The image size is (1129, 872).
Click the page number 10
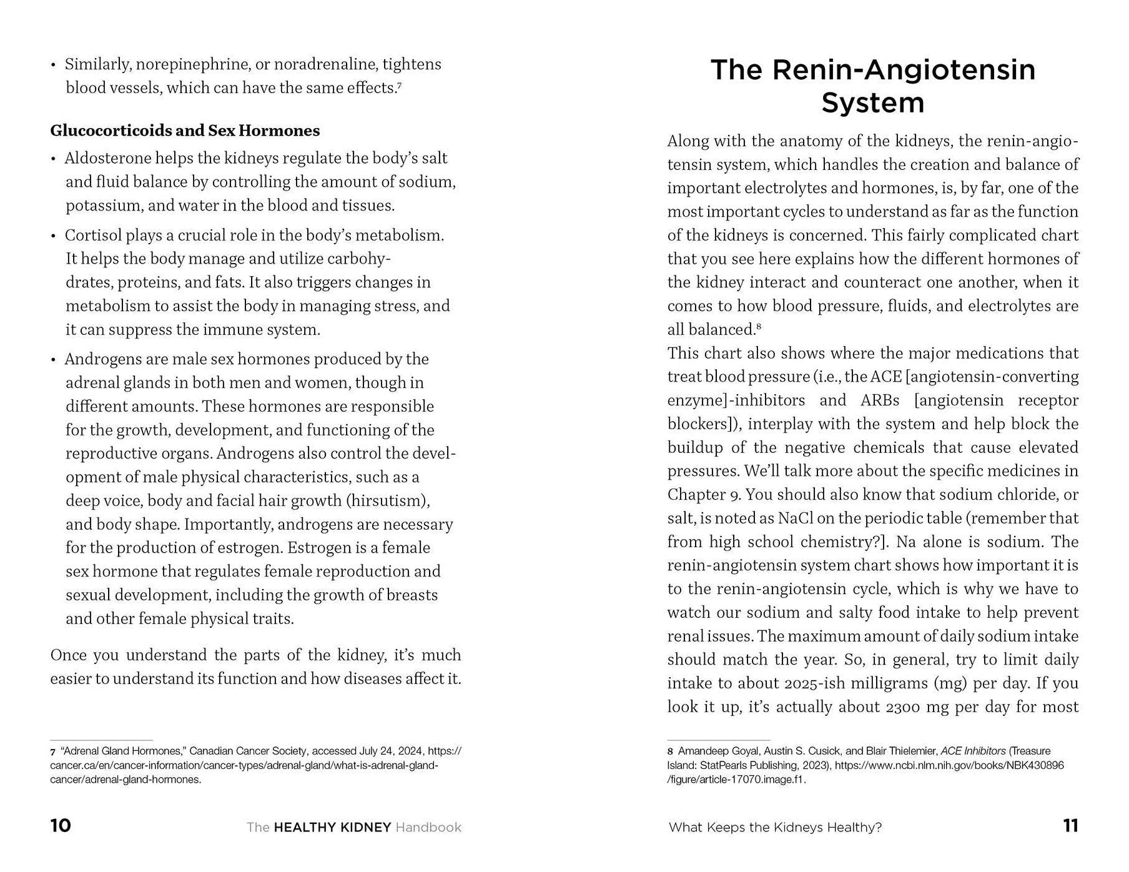click(61, 826)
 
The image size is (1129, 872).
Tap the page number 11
click(1070, 826)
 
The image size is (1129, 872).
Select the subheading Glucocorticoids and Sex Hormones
click(185, 131)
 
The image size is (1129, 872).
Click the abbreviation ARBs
click(880, 400)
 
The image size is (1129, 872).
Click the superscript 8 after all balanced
click(759, 326)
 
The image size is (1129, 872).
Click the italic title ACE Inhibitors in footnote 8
click(973, 751)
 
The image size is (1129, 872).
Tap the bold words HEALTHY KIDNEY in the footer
click(333, 828)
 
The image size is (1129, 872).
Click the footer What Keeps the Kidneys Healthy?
click(775, 828)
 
